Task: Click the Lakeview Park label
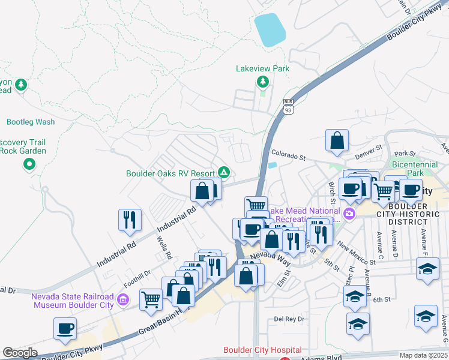click(263, 68)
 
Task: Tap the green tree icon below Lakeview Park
click(262, 82)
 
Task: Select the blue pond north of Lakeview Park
click(271, 30)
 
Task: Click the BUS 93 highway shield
click(288, 107)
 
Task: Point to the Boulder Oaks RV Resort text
click(170, 173)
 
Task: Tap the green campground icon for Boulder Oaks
click(223, 173)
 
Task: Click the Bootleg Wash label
click(31, 122)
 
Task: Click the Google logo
click(20, 353)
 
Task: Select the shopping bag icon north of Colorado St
click(337, 140)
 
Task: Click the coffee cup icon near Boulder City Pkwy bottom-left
click(65, 328)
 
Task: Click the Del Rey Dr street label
click(289, 319)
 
